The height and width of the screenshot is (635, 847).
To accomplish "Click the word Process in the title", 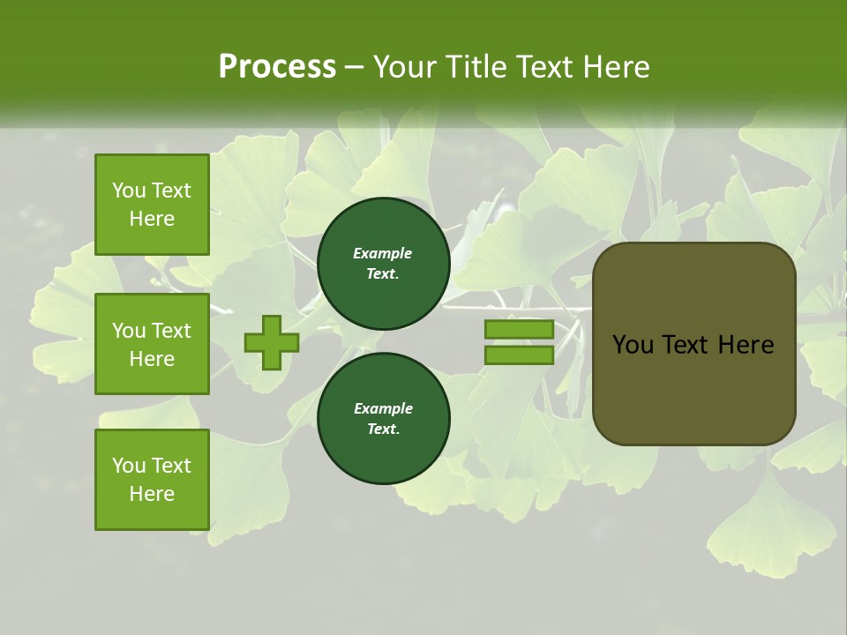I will coord(277,67).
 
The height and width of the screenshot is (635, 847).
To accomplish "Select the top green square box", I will coord(152,205).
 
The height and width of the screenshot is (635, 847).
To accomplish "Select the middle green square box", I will coord(152,344).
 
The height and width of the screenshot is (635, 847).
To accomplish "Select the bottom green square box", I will coord(152,480).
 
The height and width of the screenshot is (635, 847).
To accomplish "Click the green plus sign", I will coord(271,342).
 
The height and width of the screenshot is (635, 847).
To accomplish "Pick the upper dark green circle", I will coord(383,264).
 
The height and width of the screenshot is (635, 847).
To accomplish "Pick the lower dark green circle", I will coord(383,419).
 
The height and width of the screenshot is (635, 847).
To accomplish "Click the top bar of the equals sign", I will coord(519,330).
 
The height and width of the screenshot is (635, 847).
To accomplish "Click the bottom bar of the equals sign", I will coord(519,355).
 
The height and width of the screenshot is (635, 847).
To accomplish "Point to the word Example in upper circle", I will coord(383,254).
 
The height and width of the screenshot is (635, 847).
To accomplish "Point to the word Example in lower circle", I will coord(383,409).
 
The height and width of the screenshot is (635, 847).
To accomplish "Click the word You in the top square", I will coord(129,190).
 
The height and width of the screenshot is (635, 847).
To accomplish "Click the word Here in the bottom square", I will coord(152,494).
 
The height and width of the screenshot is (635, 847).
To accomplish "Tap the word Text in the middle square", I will coord(171,331).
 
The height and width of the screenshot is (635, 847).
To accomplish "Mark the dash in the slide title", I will coord(355,68).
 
